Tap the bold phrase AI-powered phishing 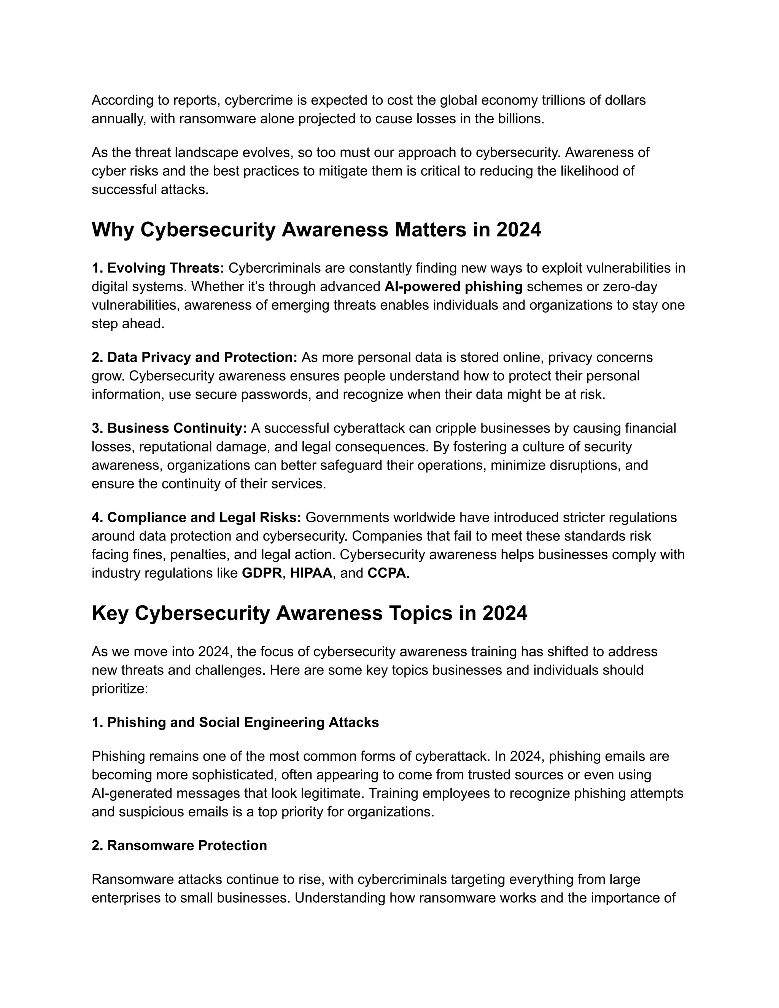click(x=453, y=287)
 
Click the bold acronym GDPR click(x=262, y=573)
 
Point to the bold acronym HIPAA click(x=311, y=573)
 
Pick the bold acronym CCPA click(x=387, y=573)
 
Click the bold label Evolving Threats click(x=165, y=268)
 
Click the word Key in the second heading click(x=110, y=613)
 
